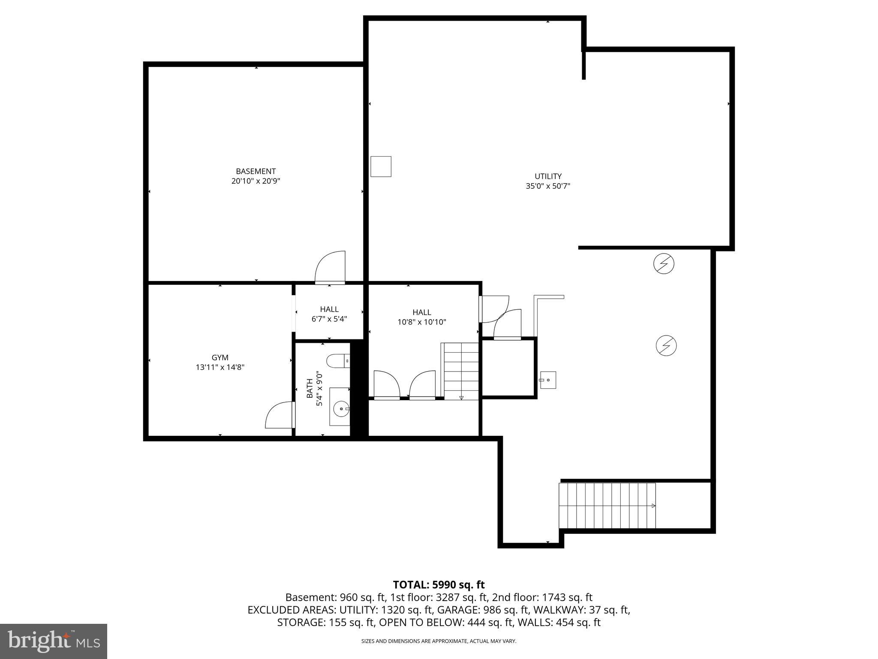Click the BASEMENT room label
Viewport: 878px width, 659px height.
pyautogui.click(x=256, y=171)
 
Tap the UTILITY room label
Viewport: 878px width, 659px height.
pyautogui.click(x=547, y=176)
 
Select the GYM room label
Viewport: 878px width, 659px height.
pyautogui.click(x=220, y=357)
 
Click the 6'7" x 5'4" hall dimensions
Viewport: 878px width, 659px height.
pyautogui.click(x=329, y=319)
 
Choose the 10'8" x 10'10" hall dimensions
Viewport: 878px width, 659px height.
pyautogui.click(x=421, y=322)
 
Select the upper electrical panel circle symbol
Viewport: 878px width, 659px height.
pyautogui.click(x=663, y=264)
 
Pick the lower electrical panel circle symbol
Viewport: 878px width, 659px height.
pyautogui.click(x=666, y=345)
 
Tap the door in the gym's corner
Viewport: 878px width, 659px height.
pyautogui.click(x=280, y=415)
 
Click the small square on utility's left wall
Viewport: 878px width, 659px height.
pyautogui.click(x=381, y=166)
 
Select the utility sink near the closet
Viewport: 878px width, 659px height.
pyautogui.click(x=547, y=380)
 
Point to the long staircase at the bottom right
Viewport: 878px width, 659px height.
pyautogui.click(x=607, y=505)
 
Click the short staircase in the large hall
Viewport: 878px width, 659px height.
pyautogui.click(x=461, y=371)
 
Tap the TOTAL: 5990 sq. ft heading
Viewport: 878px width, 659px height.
pyautogui.click(x=439, y=584)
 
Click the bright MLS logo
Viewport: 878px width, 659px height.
pyautogui.click(x=53, y=641)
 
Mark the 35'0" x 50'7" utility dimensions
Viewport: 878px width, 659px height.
pyautogui.click(x=547, y=186)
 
